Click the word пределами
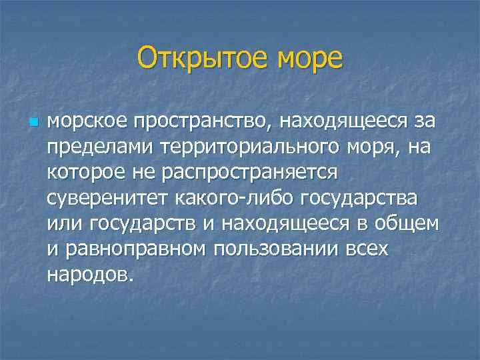click(92, 148)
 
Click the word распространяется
click(245, 173)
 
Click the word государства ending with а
click(360, 199)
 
